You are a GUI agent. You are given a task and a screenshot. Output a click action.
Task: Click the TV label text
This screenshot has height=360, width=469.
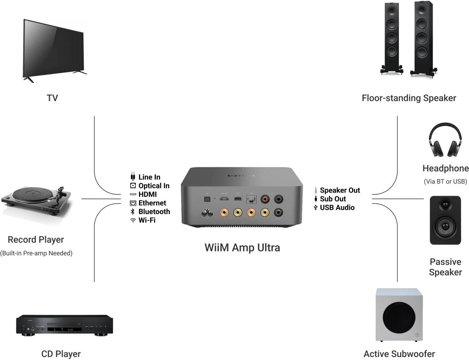[52, 98]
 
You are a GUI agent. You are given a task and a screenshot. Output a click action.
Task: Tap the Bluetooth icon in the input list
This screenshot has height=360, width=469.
[133, 212]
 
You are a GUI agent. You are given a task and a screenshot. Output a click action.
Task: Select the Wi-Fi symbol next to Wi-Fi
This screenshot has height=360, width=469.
[133, 221]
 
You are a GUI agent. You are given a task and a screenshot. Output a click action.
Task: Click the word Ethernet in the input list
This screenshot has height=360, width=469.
[152, 203]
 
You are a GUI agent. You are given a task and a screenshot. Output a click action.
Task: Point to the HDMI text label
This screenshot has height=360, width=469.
[147, 195]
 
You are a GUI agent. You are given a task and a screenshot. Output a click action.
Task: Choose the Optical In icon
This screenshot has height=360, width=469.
[133, 186]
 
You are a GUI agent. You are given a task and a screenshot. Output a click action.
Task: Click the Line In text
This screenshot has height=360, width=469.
[149, 177]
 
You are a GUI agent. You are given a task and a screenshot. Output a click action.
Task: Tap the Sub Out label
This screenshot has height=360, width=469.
[333, 199]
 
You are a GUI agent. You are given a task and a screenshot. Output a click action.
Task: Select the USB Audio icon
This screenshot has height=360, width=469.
[315, 208]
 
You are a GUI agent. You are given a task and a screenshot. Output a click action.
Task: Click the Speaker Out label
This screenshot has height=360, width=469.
[340, 190]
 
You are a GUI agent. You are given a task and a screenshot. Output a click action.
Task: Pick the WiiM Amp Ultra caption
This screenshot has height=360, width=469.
[242, 247]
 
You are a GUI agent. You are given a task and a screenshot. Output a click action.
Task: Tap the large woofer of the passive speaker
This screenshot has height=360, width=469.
[445, 227]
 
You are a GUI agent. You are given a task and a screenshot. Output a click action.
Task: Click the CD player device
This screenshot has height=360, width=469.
[64, 326]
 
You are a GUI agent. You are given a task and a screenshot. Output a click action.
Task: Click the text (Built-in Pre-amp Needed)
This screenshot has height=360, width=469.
[36, 253]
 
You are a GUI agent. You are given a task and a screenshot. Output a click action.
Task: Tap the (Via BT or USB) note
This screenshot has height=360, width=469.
[445, 182]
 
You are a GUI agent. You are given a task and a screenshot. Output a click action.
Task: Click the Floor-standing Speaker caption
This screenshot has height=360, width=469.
[409, 98]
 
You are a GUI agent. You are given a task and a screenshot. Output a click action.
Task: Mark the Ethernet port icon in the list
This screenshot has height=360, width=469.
[133, 203]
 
